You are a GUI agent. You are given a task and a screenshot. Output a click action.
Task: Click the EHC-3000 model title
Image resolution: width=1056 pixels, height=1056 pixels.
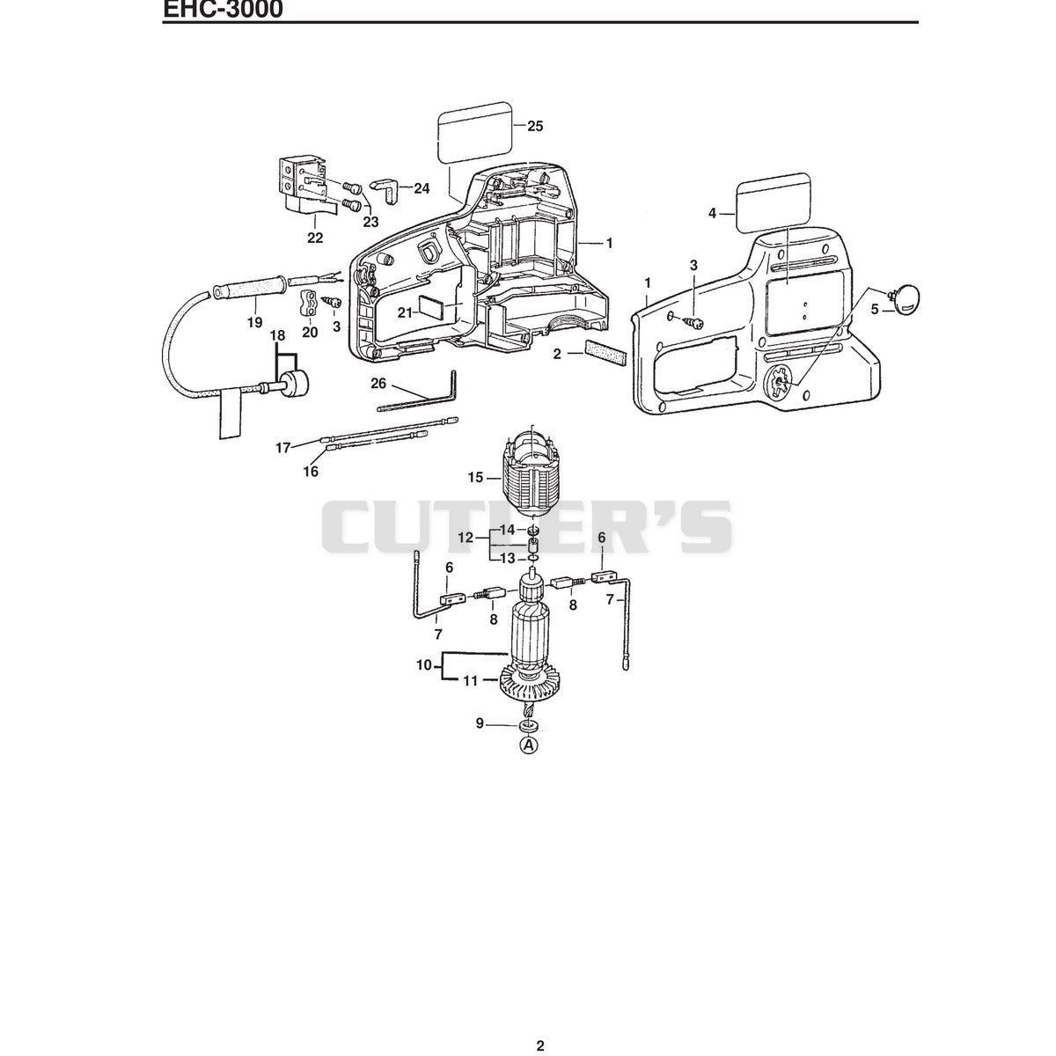(x=223, y=9)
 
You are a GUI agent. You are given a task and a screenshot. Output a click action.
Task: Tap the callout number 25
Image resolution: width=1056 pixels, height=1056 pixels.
(x=535, y=126)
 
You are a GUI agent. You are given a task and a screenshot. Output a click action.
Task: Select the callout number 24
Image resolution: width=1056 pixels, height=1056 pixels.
(x=422, y=188)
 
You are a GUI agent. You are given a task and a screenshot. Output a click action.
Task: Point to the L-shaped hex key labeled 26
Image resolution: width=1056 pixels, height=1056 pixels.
(x=418, y=393)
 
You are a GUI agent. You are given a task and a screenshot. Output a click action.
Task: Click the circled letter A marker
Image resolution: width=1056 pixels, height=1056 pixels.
(x=529, y=744)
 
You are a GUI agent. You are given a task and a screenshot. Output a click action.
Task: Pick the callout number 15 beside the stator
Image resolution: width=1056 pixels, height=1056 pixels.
(x=476, y=478)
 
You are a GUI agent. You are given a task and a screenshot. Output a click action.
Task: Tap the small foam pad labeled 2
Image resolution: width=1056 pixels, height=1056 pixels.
(x=606, y=355)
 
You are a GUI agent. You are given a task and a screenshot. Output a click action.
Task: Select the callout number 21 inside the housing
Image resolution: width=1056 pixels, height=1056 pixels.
(x=405, y=312)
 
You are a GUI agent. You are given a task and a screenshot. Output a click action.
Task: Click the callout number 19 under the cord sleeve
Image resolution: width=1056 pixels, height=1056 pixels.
(x=255, y=323)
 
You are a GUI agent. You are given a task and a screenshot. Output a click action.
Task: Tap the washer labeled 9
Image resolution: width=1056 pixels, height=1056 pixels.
(x=529, y=726)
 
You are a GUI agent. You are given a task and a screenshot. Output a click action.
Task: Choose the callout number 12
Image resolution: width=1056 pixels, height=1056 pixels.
(x=466, y=538)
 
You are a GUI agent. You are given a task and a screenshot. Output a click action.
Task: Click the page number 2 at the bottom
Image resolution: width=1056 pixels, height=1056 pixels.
(x=540, y=1016)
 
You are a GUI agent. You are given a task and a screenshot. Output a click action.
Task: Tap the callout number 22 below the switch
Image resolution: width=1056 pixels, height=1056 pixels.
(x=315, y=238)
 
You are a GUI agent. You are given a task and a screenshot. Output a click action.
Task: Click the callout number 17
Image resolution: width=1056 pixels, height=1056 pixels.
(x=282, y=448)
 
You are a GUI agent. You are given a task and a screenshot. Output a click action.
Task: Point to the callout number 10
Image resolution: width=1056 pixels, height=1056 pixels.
(x=424, y=666)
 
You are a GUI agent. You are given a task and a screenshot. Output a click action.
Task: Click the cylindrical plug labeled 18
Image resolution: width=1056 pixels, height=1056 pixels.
(x=295, y=383)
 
